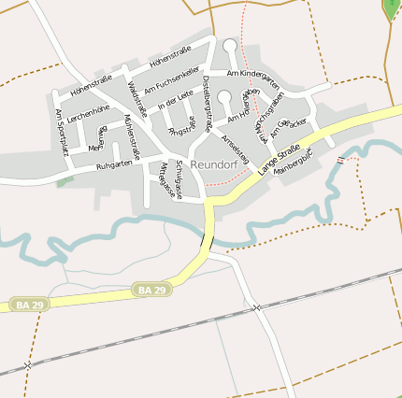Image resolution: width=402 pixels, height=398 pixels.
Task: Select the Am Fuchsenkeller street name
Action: click(x=172, y=79)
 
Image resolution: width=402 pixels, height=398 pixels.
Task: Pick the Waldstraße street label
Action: click(x=136, y=98)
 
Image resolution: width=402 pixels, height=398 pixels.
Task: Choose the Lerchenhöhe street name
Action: click(x=89, y=109)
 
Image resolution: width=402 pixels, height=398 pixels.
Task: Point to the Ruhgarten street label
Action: click(x=114, y=166)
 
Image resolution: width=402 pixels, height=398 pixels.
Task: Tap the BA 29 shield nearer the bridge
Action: click(x=151, y=291)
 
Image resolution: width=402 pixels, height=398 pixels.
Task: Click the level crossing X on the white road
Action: click(x=255, y=307)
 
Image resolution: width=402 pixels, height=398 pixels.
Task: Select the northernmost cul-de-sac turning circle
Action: click(x=230, y=45)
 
